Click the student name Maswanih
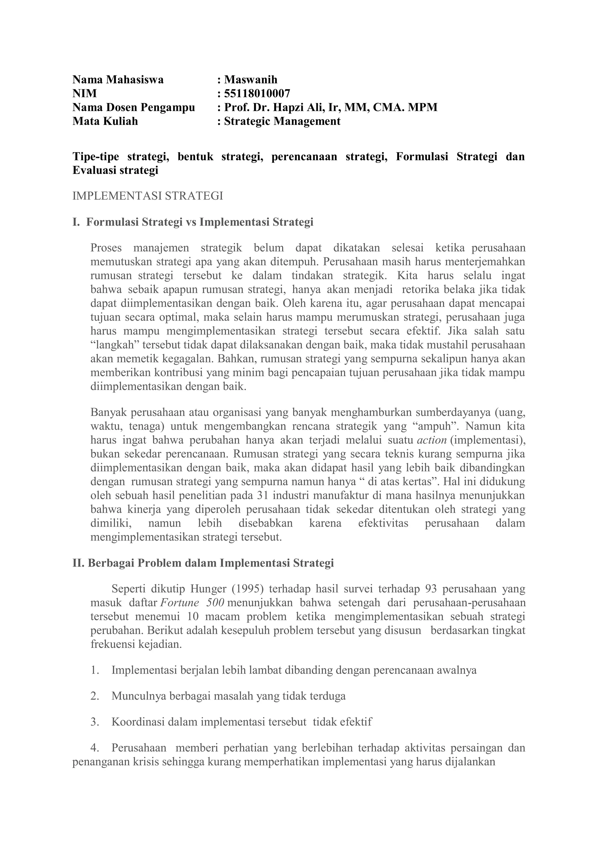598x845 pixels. [x=251, y=80]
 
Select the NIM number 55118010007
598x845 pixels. [x=257, y=93]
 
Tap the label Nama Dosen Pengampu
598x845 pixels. [x=134, y=107]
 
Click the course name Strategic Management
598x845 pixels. [x=282, y=121]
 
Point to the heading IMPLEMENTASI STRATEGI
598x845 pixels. [x=148, y=196]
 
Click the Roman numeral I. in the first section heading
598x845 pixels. [x=76, y=222]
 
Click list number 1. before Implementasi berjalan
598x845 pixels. [x=95, y=670]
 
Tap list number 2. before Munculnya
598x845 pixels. [x=95, y=696]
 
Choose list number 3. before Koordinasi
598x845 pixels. [x=95, y=722]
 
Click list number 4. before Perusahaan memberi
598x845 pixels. [x=95, y=748]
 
